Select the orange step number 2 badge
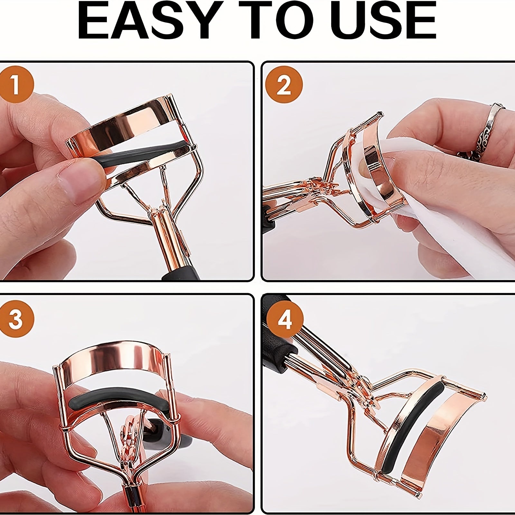[x=284, y=85]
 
